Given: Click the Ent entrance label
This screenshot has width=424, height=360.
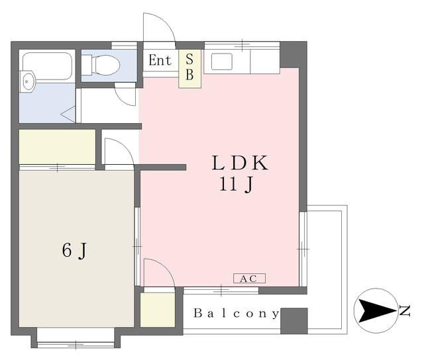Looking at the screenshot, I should point(160,61).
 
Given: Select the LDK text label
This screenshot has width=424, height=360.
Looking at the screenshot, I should point(238,163).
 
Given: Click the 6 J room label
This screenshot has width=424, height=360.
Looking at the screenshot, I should point(75,250).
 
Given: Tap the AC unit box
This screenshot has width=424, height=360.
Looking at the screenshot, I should point(249,279).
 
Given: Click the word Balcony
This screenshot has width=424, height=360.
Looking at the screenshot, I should point(236,314).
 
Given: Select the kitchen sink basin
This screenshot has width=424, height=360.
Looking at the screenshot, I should point(221,62).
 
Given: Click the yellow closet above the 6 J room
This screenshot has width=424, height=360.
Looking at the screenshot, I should point(57,146).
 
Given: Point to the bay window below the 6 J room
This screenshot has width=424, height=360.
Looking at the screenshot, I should point(76,338).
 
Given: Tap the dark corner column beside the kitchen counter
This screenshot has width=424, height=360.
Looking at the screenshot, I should point(293,56).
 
